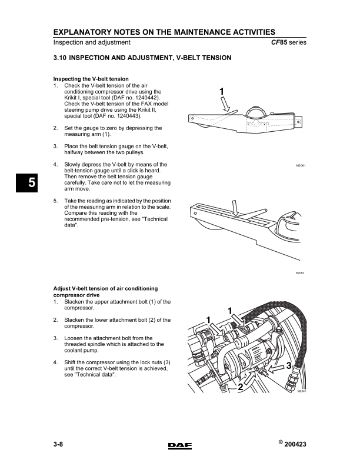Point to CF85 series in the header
288,42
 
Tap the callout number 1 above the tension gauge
221,92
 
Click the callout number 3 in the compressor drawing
289,366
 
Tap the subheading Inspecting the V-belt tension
91,79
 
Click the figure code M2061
302,166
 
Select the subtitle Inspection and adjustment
92,42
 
